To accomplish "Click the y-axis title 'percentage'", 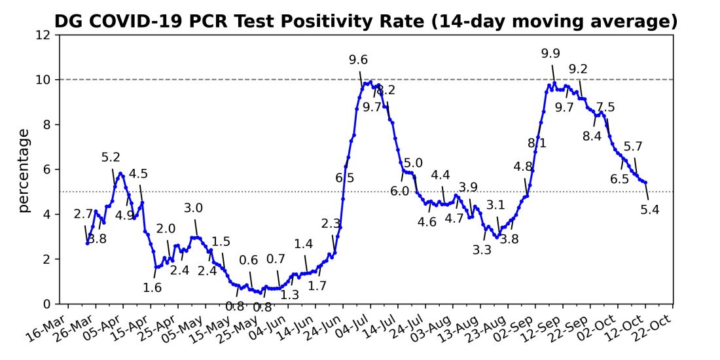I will pyautogui.click(x=24, y=170).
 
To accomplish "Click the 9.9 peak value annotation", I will pyautogui.click(x=550, y=54).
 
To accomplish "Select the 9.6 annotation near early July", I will pyautogui.click(x=358, y=60).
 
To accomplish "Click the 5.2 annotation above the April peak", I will pyautogui.click(x=111, y=157).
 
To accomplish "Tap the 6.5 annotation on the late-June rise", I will pyautogui.click(x=345, y=177).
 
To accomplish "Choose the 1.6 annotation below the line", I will pyautogui.click(x=152, y=286).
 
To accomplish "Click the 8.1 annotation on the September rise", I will pyautogui.click(x=537, y=142).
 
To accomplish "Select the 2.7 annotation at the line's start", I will pyautogui.click(x=83, y=213).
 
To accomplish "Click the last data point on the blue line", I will pyautogui.click(x=645, y=183).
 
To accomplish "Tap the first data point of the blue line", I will pyautogui.click(x=87, y=243).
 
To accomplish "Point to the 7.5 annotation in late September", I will pyautogui.click(x=605, y=107).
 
